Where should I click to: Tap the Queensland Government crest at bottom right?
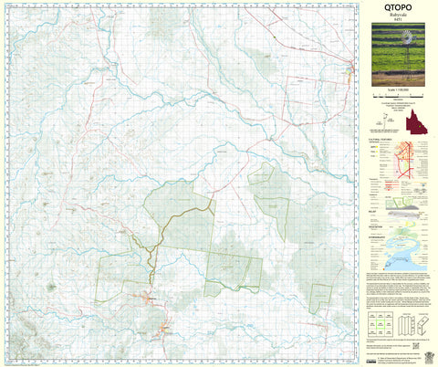click(422, 351)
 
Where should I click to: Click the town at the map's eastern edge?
click(350, 65)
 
